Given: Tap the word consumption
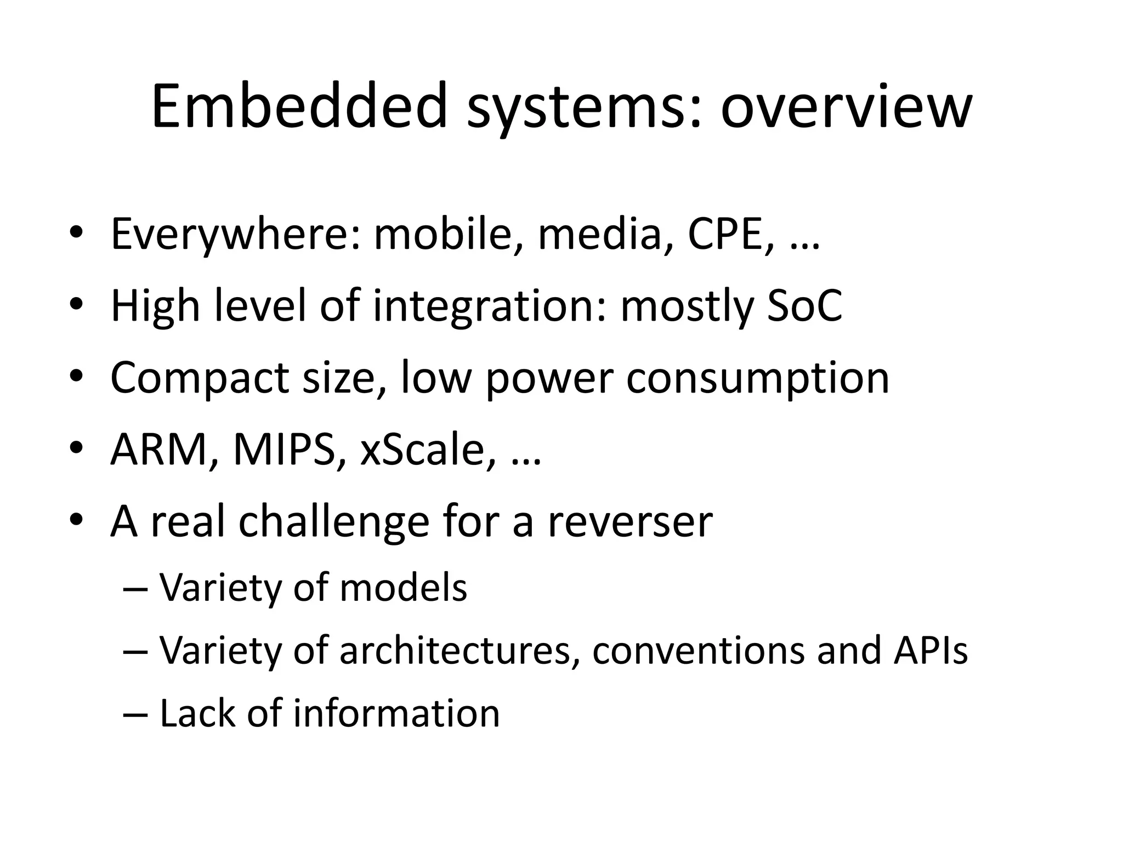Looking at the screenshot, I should pyautogui.click(x=757, y=379).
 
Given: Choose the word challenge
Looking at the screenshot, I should pyautogui.click(x=334, y=522).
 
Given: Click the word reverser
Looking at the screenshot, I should pyautogui.click(x=630, y=523).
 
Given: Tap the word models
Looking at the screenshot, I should pyautogui.click(x=403, y=588).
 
